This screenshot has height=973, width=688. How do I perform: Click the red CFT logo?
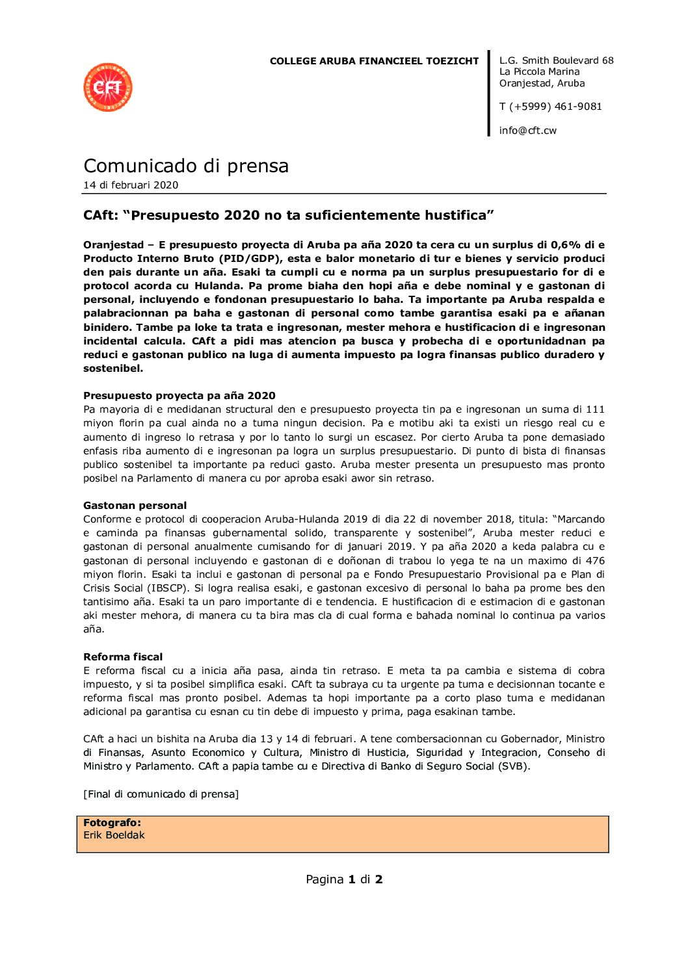[108, 88]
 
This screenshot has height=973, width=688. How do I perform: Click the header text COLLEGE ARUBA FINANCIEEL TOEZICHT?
[374, 61]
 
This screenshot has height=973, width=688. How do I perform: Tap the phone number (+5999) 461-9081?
[556, 107]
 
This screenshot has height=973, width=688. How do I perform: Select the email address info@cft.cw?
[527, 131]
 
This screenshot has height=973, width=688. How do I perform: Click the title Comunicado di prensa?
[186, 166]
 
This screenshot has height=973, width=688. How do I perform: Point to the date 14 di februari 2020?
[131, 185]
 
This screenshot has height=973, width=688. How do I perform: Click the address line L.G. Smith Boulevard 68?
[556, 60]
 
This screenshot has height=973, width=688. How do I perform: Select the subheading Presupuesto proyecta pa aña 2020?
[179, 396]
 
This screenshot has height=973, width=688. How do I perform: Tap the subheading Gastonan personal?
[135, 506]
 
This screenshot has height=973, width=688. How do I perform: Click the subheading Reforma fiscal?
[123, 657]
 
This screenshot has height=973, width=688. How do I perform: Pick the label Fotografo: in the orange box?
[112, 823]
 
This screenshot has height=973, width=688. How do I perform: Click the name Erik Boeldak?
[114, 835]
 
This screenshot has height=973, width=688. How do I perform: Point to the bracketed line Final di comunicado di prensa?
[161, 794]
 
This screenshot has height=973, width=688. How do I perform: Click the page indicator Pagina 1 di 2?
[344, 879]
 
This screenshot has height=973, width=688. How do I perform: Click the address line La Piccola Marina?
[539, 71]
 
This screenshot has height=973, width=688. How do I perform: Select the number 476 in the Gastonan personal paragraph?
[595, 561]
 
